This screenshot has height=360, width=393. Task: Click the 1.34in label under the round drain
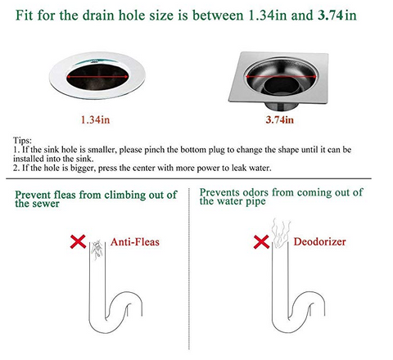[x=95, y=119]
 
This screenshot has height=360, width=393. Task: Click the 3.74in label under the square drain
[x=280, y=119]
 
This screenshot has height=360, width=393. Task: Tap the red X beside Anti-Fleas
[x=78, y=241]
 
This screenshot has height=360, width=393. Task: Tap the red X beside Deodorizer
[x=261, y=242]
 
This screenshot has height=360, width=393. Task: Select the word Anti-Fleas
[x=135, y=242]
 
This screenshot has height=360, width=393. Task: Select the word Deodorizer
[x=319, y=241]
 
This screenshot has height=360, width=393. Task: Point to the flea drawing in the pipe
[x=97, y=250]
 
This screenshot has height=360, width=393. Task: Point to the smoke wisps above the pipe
[x=280, y=233]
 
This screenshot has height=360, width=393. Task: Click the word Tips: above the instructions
[x=22, y=141]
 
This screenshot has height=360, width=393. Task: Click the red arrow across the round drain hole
[x=97, y=77]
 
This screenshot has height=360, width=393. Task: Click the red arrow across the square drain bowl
[x=281, y=77]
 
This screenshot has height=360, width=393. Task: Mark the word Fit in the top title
[x=25, y=15]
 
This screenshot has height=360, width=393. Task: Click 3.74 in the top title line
[x=330, y=15]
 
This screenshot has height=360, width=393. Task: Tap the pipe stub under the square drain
[x=281, y=106]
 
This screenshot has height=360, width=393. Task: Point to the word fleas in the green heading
[x=64, y=195]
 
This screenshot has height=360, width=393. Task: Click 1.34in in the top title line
[x=267, y=15]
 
